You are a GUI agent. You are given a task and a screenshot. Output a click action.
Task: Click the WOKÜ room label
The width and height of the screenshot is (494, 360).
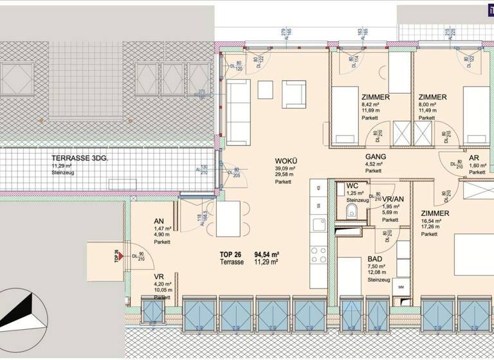(x=285, y=160)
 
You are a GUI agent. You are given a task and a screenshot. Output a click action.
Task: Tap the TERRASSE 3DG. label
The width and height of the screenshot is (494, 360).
(x=80, y=157)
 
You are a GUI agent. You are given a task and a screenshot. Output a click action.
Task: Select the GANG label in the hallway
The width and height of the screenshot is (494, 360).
(x=375, y=157)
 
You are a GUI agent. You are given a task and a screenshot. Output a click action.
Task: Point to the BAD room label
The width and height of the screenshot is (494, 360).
(x=374, y=259)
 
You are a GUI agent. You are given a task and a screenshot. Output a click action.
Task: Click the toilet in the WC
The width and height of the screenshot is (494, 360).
(x=349, y=213)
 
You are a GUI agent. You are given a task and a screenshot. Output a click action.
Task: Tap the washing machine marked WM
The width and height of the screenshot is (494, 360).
(x=400, y=287)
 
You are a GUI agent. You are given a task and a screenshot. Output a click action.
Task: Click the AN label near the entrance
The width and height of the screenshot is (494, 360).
(x=159, y=221)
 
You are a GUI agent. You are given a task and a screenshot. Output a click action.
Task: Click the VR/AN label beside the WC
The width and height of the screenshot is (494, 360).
(x=393, y=199)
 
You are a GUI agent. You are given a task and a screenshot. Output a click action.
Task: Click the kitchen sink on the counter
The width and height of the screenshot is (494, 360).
(x=318, y=224)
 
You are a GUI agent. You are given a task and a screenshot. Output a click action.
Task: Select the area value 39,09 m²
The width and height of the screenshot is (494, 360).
(x=285, y=168)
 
